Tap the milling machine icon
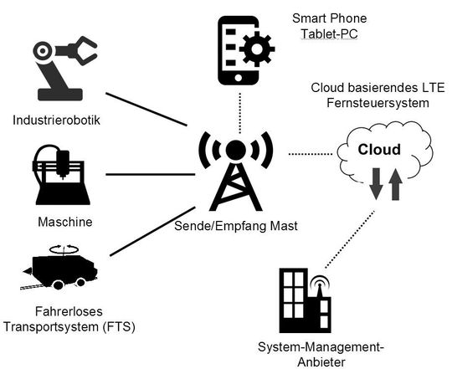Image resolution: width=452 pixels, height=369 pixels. (x=62, y=177)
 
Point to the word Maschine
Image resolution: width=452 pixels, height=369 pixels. (x=64, y=224)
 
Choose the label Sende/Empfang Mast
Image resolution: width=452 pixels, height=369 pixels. (x=237, y=225)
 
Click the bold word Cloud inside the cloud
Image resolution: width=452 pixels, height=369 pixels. (x=378, y=151)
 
